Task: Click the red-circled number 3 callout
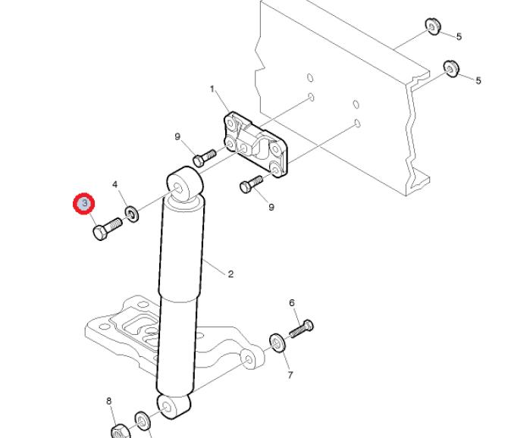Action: (84, 204)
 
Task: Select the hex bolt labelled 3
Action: (108, 229)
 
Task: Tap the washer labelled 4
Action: (132, 214)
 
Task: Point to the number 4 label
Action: (115, 185)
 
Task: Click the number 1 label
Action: (212, 89)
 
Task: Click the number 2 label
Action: (230, 274)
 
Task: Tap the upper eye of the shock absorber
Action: (185, 185)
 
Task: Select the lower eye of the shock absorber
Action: (174, 406)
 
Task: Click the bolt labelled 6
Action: (301, 329)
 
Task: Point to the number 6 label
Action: (292, 303)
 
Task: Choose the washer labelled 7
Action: (278, 343)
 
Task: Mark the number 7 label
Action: (290, 375)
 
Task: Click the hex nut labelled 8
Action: (121, 431)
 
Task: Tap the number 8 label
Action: (109, 402)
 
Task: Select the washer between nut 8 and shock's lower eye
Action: (143, 421)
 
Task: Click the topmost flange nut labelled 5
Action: (432, 27)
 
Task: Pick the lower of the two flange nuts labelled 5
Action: (451, 69)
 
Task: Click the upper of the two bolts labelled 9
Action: (205, 158)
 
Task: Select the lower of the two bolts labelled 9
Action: (251, 184)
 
